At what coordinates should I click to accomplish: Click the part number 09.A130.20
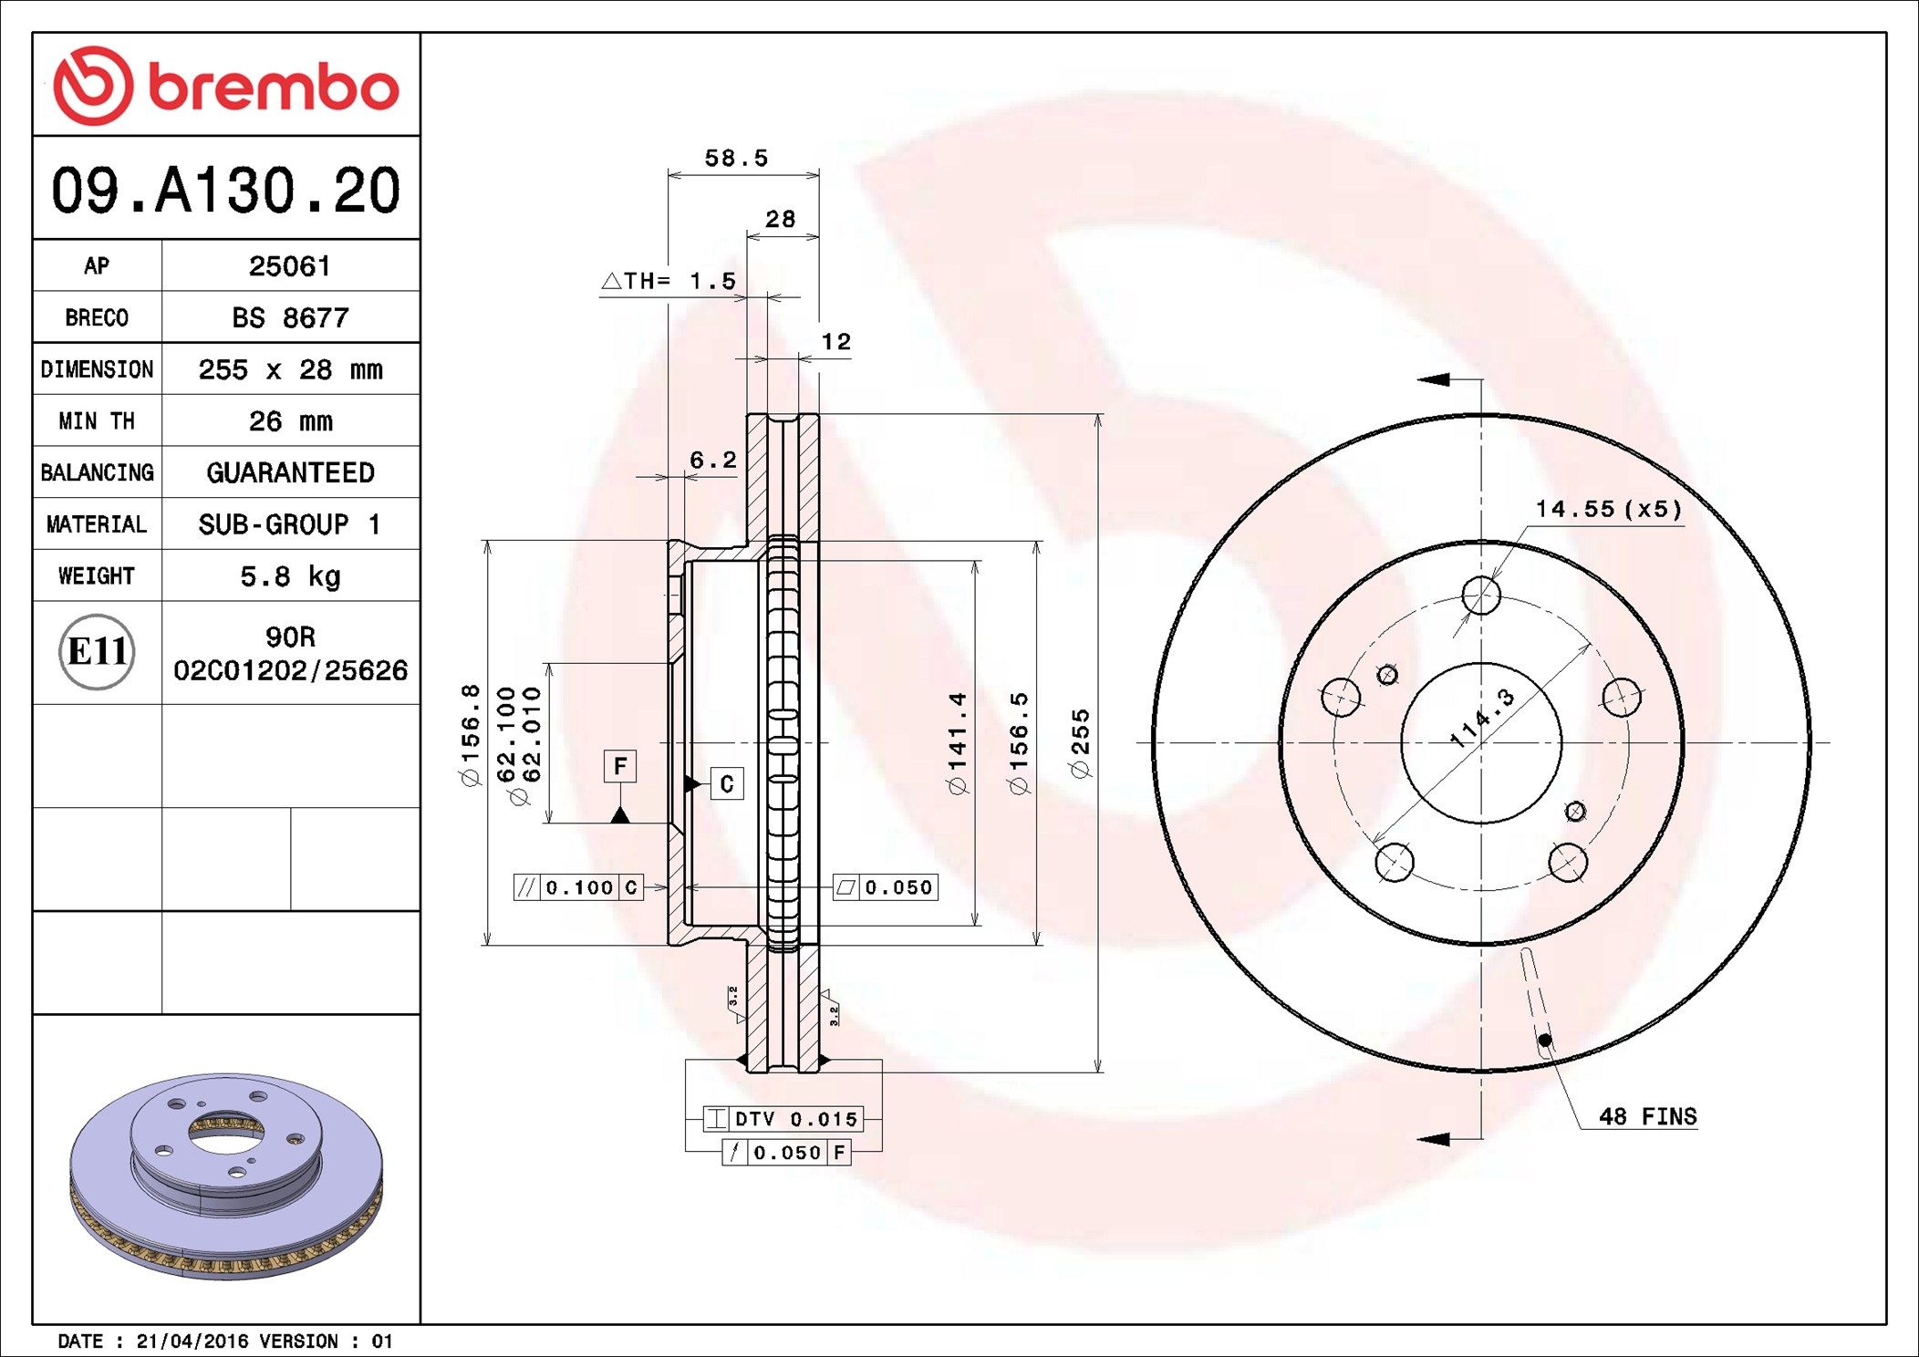coord(225,191)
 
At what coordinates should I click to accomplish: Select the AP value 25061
coord(290,266)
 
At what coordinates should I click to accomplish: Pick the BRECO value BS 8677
coord(290,318)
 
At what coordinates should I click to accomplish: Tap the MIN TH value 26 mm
coord(290,421)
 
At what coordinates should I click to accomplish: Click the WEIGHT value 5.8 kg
coord(290,576)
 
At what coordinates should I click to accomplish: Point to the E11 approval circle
coord(97,652)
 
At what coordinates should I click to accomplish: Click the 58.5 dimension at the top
coord(736,159)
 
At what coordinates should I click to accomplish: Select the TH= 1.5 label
coord(679,281)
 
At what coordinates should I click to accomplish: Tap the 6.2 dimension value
coord(712,461)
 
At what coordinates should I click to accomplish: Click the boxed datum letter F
coord(620,766)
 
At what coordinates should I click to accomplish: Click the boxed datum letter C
coord(727,784)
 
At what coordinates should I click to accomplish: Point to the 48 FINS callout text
coord(1647,1117)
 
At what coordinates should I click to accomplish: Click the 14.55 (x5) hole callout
coord(1608,509)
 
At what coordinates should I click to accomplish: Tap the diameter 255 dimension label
coord(1081,742)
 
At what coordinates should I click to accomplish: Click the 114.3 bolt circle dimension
coord(1483,719)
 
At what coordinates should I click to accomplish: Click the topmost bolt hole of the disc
coord(1480,596)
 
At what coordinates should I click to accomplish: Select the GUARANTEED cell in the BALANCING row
coord(290,472)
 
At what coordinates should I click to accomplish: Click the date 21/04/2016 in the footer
coord(192,1341)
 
